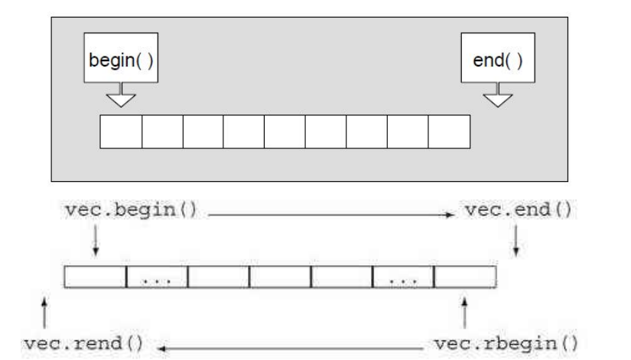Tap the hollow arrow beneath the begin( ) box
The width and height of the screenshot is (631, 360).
[121, 97]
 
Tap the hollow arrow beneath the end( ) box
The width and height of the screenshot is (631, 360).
[499, 97]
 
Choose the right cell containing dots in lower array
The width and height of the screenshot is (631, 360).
[403, 277]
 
